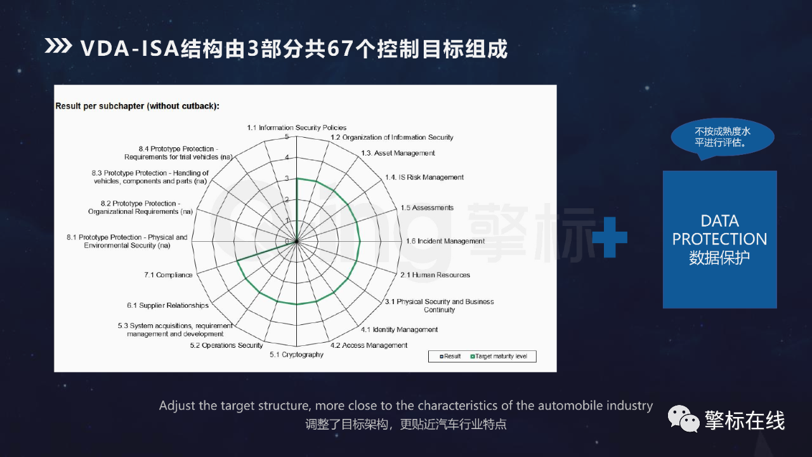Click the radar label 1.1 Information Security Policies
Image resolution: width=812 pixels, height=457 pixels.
click(x=296, y=128)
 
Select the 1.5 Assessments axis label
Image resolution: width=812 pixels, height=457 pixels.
click(x=427, y=208)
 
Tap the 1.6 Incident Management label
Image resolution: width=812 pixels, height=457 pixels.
click(x=445, y=241)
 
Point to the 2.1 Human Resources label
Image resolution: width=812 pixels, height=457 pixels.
click(x=435, y=275)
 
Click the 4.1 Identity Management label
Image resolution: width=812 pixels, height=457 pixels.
click(x=399, y=329)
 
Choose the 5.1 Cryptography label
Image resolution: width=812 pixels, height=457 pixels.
click(x=296, y=355)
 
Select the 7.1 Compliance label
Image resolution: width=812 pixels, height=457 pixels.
click(x=168, y=275)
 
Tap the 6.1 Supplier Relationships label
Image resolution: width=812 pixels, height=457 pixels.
click(x=168, y=305)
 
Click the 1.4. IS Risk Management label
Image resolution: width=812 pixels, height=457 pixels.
click(x=424, y=177)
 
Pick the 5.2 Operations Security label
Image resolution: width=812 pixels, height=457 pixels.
click(x=226, y=345)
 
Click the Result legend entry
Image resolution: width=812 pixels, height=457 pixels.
click(x=450, y=357)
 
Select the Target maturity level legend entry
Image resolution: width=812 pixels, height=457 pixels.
click(x=499, y=357)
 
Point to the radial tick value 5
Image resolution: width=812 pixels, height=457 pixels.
click(x=287, y=136)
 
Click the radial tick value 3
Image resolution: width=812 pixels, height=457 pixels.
click(x=287, y=178)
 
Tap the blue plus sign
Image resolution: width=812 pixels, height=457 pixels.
click(x=610, y=237)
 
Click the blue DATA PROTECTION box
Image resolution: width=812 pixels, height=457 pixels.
click(x=720, y=240)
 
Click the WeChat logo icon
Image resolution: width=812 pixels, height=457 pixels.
click(x=684, y=419)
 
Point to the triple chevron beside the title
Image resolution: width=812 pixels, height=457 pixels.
click(x=58, y=46)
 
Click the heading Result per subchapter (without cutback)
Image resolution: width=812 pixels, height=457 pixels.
click(x=138, y=106)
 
